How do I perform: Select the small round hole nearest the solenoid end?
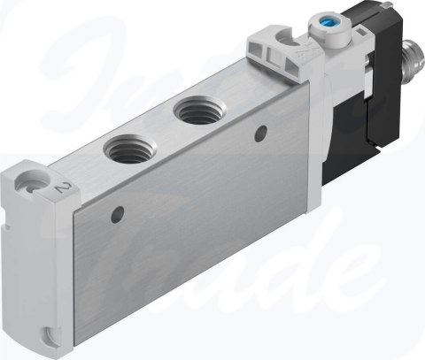pos(259,134)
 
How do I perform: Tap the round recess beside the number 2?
pos(35,184)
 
